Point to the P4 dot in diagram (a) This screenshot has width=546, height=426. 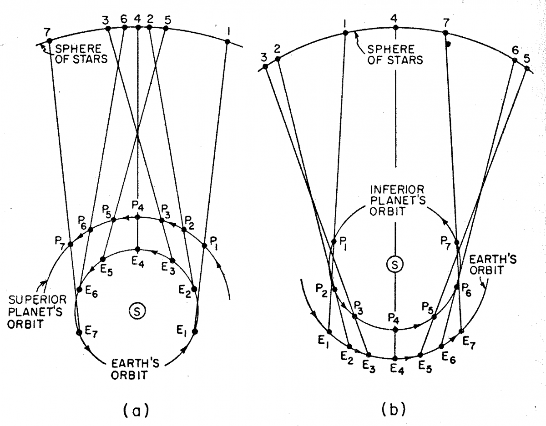tap(138, 217)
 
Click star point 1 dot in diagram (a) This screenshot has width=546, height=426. tap(227, 42)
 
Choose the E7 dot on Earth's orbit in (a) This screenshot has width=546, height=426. tap(80, 332)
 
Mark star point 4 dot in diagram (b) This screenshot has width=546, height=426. tap(395, 28)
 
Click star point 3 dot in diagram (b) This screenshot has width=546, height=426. tap(264, 67)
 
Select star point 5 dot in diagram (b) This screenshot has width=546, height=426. tap(527, 68)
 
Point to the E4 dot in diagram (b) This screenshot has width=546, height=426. tap(395, 358)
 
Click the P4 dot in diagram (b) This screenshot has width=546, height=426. tap(395, 328)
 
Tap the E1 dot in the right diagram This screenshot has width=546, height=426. tap(329, 332)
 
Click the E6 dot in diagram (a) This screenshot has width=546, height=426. tap(79, 289)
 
